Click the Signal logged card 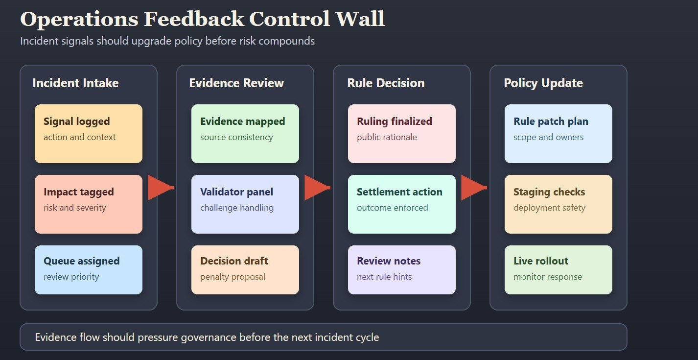pyautogui.click(x=89, y=134)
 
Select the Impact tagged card pyautogui.click(x=89, y=204)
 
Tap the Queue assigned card pyautogui.click(x=89, y=270)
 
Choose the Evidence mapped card pyautogui.click(x=245, y=134)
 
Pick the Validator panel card pyautogui.click(x=245, y=204)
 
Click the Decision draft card pyautogui.click(x=245, y=270)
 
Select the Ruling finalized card pyautogui.click(x=402, y=134)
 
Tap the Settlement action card pyautogui.click(x=402, y=204)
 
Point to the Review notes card pyautogui.click(x=402, y=270)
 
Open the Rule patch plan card pyautogui.click(x=558, y=134)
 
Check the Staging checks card pyautogui.click(x=558, y=204)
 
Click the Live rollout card pyautogui.click(x=558, y=270)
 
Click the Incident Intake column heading pyautogui.click(x=75, y=83)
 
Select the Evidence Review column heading pyautogui.click(x=236, y=83)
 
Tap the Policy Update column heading pyautogui.click(x=543, y=83)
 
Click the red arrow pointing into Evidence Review pyautogui.click(x=160, y=188)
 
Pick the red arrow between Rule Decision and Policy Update pyautogui.click(x=473, y=188)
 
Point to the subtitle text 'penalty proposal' pyautogui.click(x=233, y=277)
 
